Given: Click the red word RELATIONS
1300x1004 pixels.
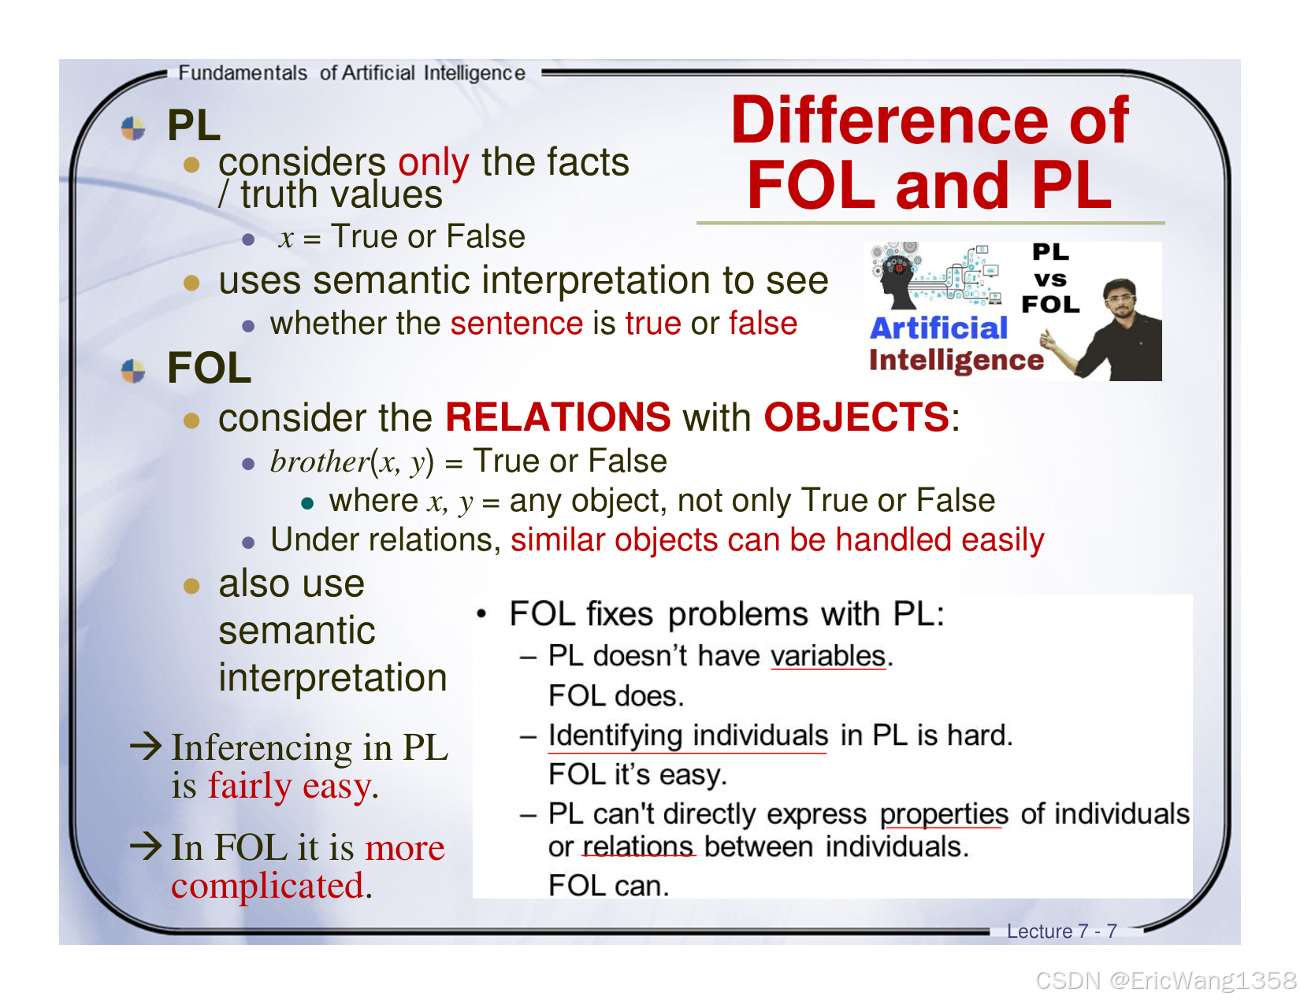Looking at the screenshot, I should [558, 417].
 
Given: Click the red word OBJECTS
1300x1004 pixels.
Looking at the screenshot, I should [856, 417].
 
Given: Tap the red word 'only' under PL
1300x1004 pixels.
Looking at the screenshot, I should [433, 162].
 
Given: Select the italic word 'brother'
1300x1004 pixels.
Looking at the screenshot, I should [319, 461].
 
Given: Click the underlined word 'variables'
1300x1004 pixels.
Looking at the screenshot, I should [828, 656].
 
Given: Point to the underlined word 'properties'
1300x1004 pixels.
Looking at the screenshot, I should [944, 813].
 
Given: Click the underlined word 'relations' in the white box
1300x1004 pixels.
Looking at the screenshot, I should [638, 847].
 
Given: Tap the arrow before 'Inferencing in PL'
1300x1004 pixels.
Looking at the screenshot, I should [147, 745].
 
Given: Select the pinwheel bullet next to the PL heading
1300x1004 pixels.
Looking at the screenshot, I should [134, 128].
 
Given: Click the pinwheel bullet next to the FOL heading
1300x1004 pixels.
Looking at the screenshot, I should [134, 370].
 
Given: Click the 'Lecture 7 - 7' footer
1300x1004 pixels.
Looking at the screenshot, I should [1061, 931].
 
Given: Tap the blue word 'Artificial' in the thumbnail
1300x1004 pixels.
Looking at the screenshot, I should [938, 328].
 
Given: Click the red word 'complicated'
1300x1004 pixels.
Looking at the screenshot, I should [267, 886].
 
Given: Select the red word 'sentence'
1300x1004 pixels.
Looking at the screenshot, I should [516, 324].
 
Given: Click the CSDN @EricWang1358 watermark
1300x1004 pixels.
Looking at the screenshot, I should [1165, 980].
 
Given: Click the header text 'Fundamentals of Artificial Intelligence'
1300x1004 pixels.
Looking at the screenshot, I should [351, 73].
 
